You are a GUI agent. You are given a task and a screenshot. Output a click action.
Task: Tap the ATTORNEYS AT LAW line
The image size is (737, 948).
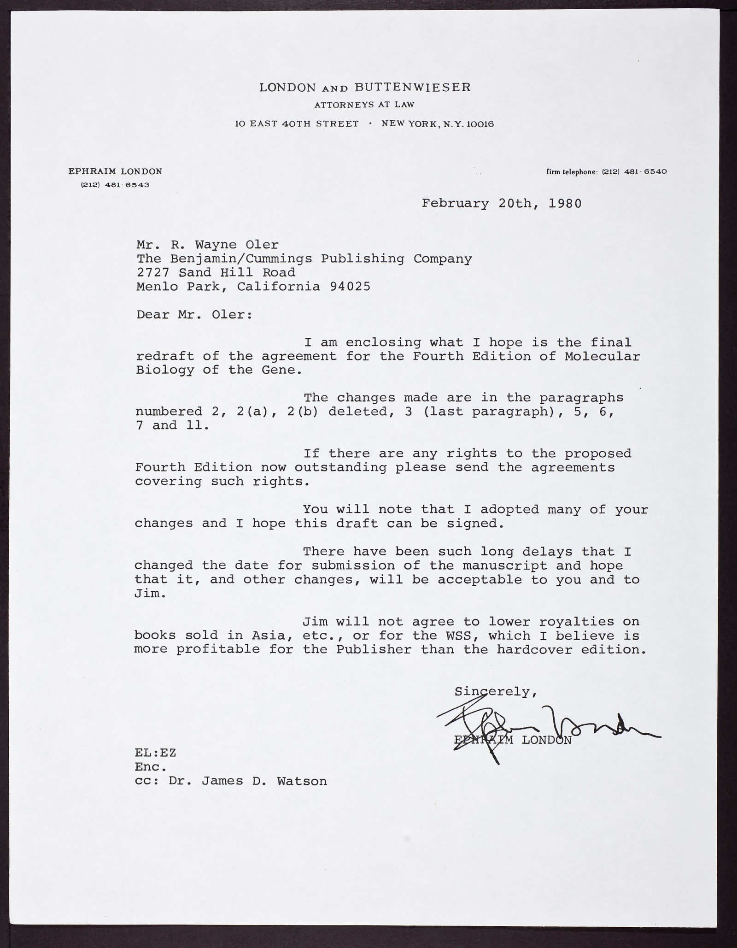pyautogui.click(x=364, y=105)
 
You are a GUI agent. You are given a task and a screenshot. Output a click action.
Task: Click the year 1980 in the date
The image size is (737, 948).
pyautogui.click(x=565, y=203)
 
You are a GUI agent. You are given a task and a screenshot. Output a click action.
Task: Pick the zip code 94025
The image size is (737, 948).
pyautogui.click(x=350, y=287)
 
